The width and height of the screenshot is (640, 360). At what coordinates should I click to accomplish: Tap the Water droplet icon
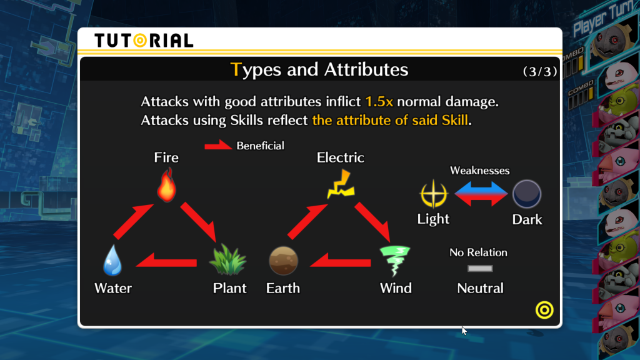[x=112, y=260]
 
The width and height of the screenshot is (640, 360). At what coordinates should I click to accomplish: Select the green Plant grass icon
[x=227, y=259]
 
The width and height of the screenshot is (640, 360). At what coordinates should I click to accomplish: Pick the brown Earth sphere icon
[x=283, y=261]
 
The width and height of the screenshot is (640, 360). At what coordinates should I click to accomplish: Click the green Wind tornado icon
[x=395, y=261]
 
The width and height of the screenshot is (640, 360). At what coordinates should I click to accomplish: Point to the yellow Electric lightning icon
[x=341, y=184]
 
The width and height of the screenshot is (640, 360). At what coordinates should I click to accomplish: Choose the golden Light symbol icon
[x=434, y=194]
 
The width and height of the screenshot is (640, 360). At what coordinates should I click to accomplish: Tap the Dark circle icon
[x=527, y=194]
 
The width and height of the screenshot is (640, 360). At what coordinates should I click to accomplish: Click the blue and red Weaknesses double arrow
[x=481, y=194]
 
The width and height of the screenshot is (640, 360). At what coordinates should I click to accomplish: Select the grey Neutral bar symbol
[x=480, y=269]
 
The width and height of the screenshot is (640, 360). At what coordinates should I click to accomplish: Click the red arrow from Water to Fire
[x=133, y=221]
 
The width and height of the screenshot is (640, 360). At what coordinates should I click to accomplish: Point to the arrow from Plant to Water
[x=166, y=261]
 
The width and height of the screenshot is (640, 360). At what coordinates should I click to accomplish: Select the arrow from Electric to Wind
[x=372, y=222]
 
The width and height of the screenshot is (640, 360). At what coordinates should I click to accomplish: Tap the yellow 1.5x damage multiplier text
[x=379, y=102]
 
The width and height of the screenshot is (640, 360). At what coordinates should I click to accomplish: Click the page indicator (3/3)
[x=540, y=71]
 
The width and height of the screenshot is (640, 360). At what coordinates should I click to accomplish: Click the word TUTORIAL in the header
[x=144, y=41]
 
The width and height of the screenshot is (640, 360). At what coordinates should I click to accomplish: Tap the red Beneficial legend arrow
[x=218, y=145]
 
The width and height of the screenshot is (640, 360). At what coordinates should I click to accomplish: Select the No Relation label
[x=478, y=252]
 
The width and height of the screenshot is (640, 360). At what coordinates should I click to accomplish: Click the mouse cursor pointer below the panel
[x=464, y=331]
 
